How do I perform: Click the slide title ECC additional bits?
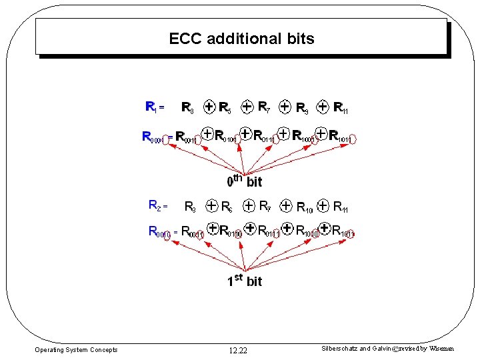pos(241,39)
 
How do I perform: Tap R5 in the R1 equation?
pos(225,107)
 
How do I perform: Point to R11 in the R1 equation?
pos(341,107)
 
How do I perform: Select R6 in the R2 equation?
pos(227,206)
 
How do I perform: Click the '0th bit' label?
pos(245,180)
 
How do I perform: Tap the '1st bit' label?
pos(245,280)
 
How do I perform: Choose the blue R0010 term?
pos(159,232)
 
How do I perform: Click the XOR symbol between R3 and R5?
pos(209,106)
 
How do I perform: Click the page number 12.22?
pos(237,351)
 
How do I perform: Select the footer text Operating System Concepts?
pos(76,350)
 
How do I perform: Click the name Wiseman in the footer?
pos(441,349)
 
